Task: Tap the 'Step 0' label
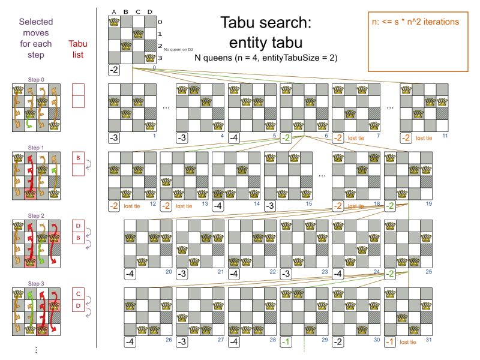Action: pos(36,79)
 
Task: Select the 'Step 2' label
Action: pos(36,215)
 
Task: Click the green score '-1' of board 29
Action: pos(287,341)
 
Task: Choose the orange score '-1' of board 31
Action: pos(390,341)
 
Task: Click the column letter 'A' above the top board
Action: pos(114,10)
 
